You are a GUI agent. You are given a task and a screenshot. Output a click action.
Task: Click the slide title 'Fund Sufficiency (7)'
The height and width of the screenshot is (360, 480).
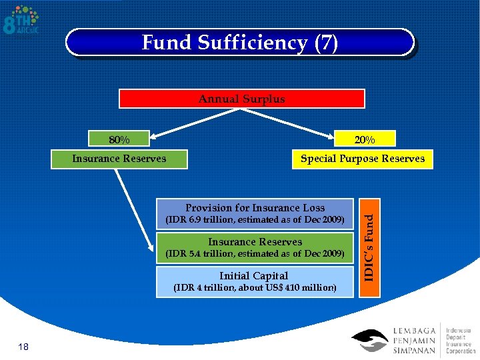240,43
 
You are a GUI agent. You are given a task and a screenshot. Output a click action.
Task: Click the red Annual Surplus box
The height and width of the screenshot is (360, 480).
241,99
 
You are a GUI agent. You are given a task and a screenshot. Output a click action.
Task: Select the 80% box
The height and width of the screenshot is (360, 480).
119,139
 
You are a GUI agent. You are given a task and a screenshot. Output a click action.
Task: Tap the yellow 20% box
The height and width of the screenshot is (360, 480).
364,139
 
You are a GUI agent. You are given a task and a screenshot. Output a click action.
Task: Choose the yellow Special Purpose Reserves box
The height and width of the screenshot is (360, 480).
362,159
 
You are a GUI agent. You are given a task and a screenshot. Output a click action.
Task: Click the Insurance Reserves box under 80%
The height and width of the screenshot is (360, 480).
119,159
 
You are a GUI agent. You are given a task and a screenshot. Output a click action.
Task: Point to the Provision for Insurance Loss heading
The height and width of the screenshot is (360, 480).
255,207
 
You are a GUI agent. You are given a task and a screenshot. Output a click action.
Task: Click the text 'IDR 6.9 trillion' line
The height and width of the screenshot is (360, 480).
255,219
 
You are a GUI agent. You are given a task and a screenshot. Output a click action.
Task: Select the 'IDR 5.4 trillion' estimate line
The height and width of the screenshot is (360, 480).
255,253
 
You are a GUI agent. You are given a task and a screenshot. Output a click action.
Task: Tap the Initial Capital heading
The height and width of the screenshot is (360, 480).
254,275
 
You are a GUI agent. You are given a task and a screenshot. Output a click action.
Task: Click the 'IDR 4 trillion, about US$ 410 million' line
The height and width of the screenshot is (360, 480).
255,288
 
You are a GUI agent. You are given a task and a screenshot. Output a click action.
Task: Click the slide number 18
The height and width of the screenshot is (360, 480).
23,346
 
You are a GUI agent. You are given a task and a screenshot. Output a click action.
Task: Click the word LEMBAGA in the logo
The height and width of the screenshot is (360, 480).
417,330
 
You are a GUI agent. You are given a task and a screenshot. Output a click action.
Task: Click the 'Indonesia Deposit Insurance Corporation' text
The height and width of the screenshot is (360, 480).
461,340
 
